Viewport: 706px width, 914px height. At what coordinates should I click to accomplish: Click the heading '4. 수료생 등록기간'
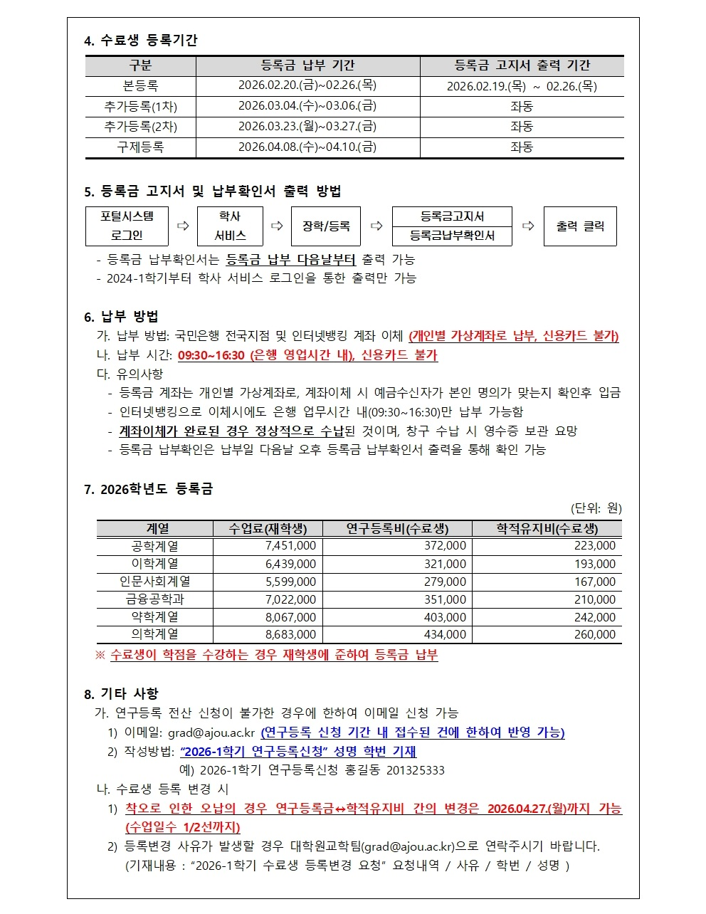tap(140, 41)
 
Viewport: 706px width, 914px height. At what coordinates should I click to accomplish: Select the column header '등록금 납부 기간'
tap(307, 65)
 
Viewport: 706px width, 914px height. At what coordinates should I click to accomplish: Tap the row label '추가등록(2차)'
tap(140, 127)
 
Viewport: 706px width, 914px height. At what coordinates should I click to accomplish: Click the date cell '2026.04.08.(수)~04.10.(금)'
tap(307, 147)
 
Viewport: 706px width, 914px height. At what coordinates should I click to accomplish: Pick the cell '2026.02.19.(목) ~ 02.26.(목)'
tap(522, 86)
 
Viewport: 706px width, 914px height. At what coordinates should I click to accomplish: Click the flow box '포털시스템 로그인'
tap(127, 226)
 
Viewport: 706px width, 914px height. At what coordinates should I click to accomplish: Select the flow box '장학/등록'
tap(326, 226)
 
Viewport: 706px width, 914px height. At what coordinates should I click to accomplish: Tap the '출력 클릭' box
tap(580, 226)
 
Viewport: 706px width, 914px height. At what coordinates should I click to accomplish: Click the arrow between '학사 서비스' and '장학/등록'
tap(277, 226)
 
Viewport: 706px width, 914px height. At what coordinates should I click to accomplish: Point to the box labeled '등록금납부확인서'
tap(452, 236)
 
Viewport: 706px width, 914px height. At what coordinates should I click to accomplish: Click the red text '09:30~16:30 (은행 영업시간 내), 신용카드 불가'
tap(307, 355)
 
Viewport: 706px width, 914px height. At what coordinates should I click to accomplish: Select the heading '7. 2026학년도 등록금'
tap(148, 489)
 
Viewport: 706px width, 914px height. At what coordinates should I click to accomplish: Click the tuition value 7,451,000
tap(290, 546)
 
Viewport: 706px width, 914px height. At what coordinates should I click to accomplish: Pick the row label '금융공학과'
tap(154, 599)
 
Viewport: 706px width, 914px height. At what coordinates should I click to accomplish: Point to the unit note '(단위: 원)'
tap(596, 508)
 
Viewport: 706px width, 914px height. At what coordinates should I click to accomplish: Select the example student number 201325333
tap(415, 770)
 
